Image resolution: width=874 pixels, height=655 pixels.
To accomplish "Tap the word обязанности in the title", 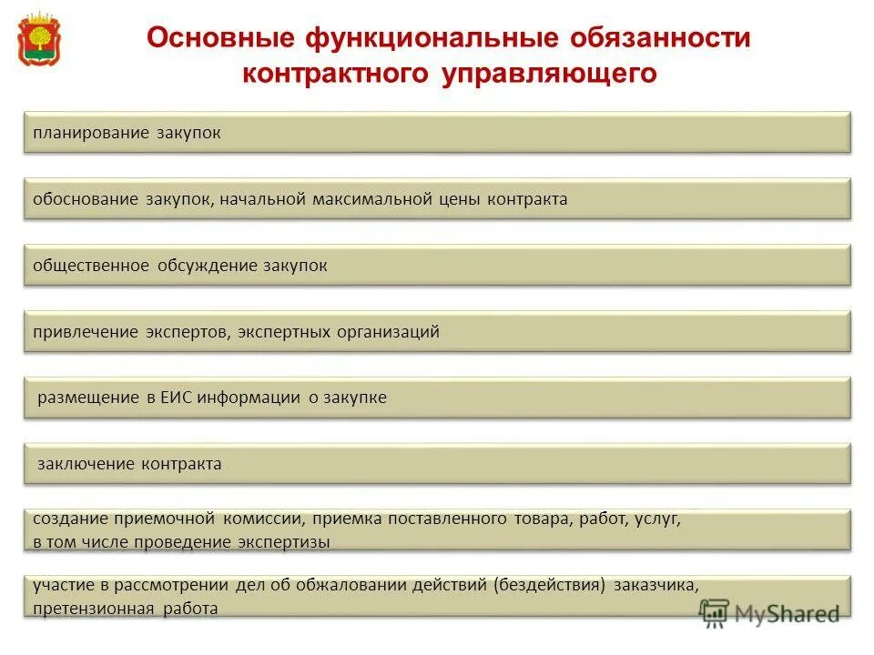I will pos(660,39).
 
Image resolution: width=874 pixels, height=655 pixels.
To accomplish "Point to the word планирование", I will pos(84,134).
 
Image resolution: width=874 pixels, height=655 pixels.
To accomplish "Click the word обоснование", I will pos(85,199).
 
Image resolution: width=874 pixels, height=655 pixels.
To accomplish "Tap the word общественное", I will pos(91,266).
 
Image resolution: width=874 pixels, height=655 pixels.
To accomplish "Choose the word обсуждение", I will pos(208,266).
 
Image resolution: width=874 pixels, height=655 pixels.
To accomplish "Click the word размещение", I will pos(87,398).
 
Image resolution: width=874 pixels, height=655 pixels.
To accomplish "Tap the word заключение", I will pos(86,464).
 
